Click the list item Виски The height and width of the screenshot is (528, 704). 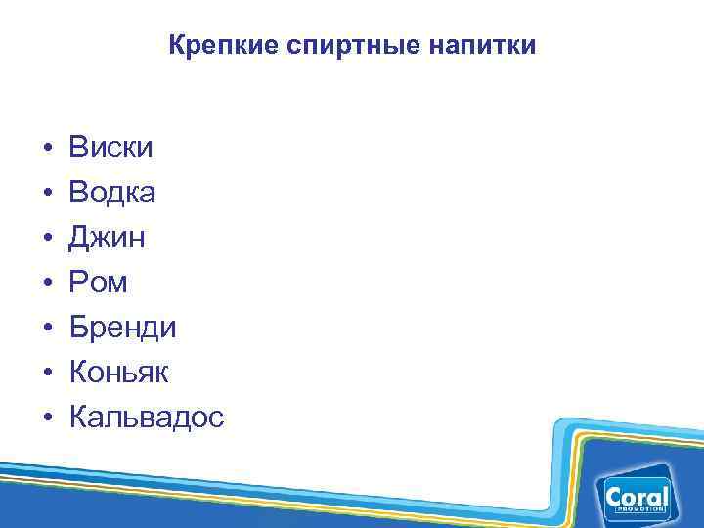tap(111, 149)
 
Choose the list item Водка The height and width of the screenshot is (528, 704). tap(112, 194)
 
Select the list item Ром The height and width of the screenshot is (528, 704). tap(98, 284)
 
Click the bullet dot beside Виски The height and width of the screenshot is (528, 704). tap(46, 150)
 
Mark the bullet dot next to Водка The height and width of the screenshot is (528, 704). tap(46, 195)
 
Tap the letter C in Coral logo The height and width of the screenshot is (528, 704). tap(615, 498)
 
